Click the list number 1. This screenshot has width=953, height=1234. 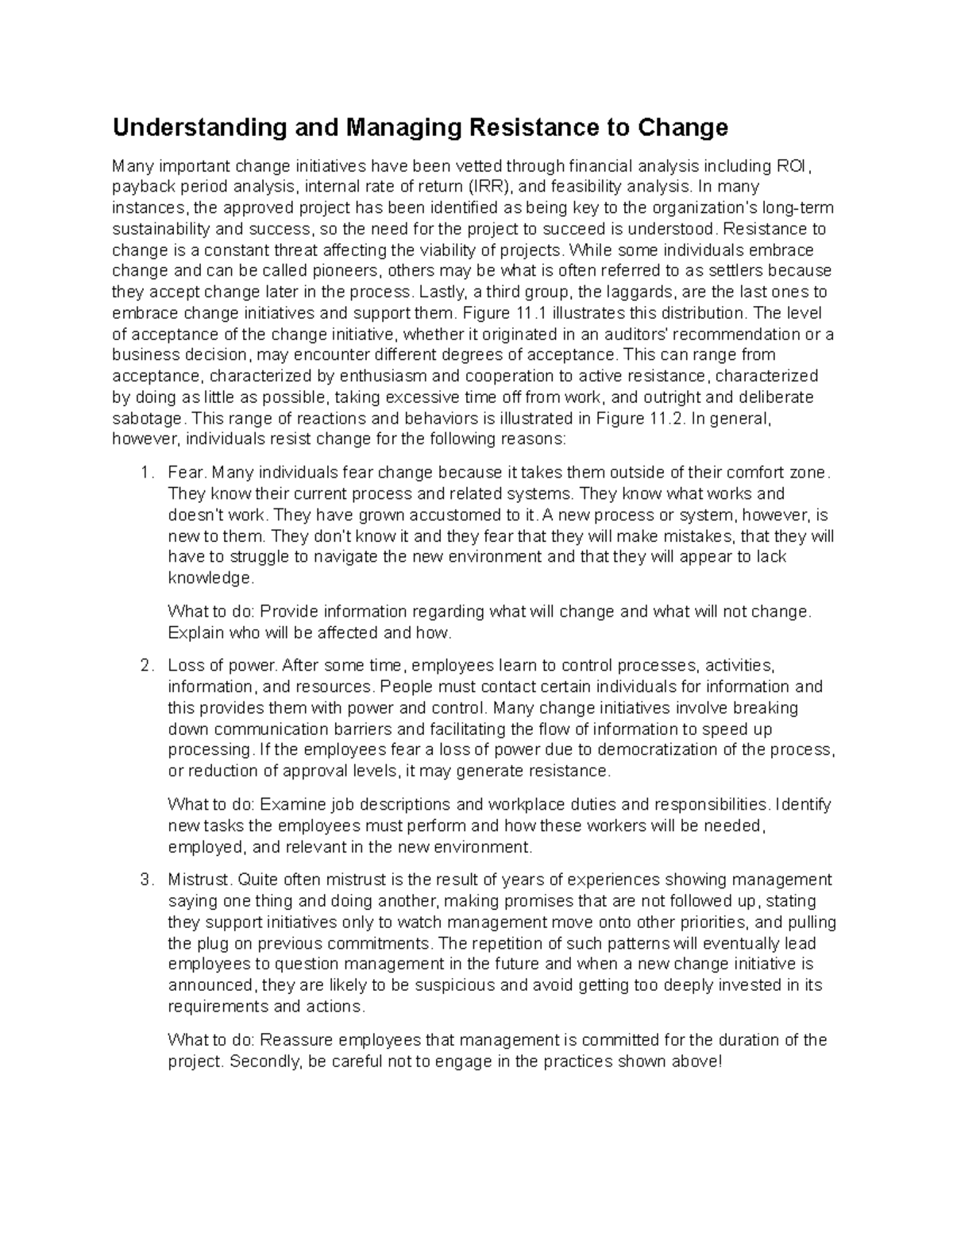(144, 474)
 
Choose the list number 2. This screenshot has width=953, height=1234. (144, 666)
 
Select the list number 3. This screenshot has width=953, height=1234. (144, 880)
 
